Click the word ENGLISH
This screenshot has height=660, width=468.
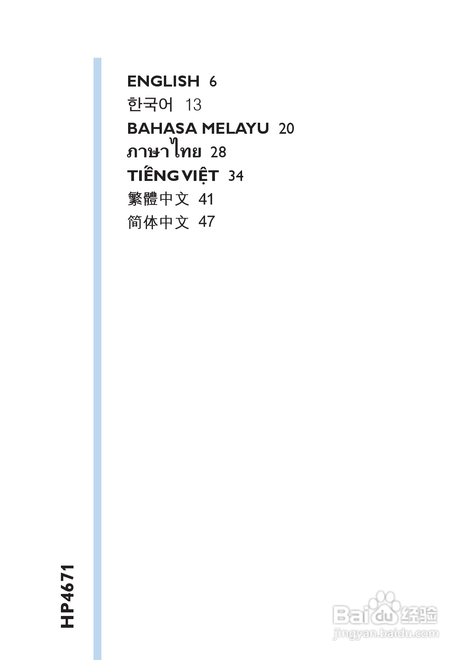coord(163,81)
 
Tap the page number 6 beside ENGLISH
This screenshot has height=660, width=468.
coord(213,82)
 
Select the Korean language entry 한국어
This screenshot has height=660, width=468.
coord(150,105)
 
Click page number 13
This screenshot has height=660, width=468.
coord(193,105)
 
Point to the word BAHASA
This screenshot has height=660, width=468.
coord(162,129)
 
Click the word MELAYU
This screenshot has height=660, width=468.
coord(235,129)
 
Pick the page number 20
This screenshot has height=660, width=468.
coord(286,129)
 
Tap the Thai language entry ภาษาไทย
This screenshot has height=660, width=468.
coord(164,151)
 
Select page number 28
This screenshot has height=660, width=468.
coord(218,152)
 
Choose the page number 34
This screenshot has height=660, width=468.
coord(236,176)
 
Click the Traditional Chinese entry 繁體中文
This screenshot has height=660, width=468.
coord(158,199)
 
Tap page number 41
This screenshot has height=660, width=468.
coord(206,199)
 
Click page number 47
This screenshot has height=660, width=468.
coord(207,222)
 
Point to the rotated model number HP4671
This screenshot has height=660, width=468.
coord(67,596)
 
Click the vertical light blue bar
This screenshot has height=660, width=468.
coord(97,354)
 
